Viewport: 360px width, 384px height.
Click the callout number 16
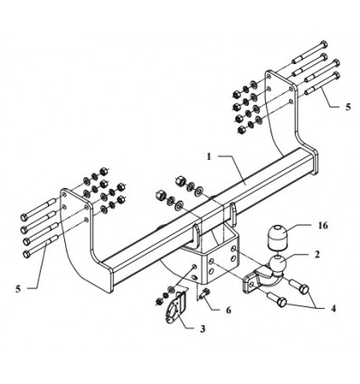[323, 226]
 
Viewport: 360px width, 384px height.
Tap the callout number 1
[209, 157]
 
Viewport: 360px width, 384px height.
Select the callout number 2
[317, 255]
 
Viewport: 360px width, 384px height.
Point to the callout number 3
[203, 329]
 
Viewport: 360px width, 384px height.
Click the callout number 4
[333, 308]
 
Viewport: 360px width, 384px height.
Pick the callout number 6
[228, 310]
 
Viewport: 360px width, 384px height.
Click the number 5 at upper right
[348, 107]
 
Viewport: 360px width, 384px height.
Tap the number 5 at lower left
[18, 289]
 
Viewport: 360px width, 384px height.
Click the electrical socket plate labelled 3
[176, 308]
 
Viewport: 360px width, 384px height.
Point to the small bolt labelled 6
[204, 293]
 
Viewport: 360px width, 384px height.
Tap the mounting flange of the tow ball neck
[250, 282]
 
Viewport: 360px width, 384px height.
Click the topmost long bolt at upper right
[310, 52]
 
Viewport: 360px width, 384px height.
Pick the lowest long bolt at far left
[41, 246]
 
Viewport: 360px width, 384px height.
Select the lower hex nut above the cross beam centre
[160, 195]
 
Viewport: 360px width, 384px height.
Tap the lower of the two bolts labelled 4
[277, 299]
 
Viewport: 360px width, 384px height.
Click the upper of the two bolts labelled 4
[299, 286]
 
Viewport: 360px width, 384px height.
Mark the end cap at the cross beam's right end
[315, 164]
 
